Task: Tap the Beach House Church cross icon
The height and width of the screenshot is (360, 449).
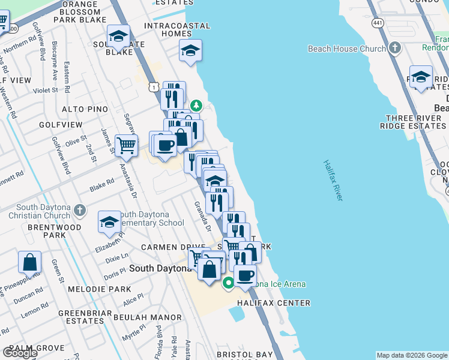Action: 394,48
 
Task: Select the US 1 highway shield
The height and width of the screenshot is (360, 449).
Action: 154,88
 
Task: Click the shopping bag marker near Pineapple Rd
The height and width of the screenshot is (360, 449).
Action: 29,262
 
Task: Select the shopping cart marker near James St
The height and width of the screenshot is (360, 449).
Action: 126,145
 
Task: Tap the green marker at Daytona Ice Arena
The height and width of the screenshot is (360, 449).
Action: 228,283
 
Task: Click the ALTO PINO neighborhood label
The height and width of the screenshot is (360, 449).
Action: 85,109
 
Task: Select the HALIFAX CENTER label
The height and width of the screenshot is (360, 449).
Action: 273,303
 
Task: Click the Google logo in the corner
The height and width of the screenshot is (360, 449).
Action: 19,352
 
